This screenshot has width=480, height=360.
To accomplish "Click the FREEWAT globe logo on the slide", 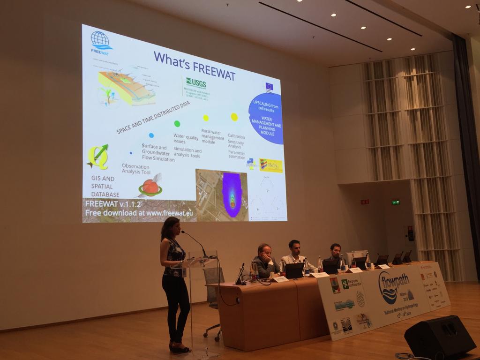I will click(x=101, y=40).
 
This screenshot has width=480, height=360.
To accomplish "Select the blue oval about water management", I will click(x=266, y=119).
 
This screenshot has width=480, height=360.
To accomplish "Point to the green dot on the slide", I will click(x=177, y=124).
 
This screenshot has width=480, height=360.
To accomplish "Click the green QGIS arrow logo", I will click(x=98, y=157).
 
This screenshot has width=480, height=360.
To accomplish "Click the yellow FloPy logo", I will click(x=271, y=165).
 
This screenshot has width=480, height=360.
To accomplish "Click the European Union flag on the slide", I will click(x=269, y=86).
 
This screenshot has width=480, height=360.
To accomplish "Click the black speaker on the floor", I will click(x=439, y=337).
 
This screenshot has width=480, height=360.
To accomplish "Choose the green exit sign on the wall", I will click(x=395, y=202).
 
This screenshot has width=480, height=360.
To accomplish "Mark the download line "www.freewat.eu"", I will click(x=139, y=213).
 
